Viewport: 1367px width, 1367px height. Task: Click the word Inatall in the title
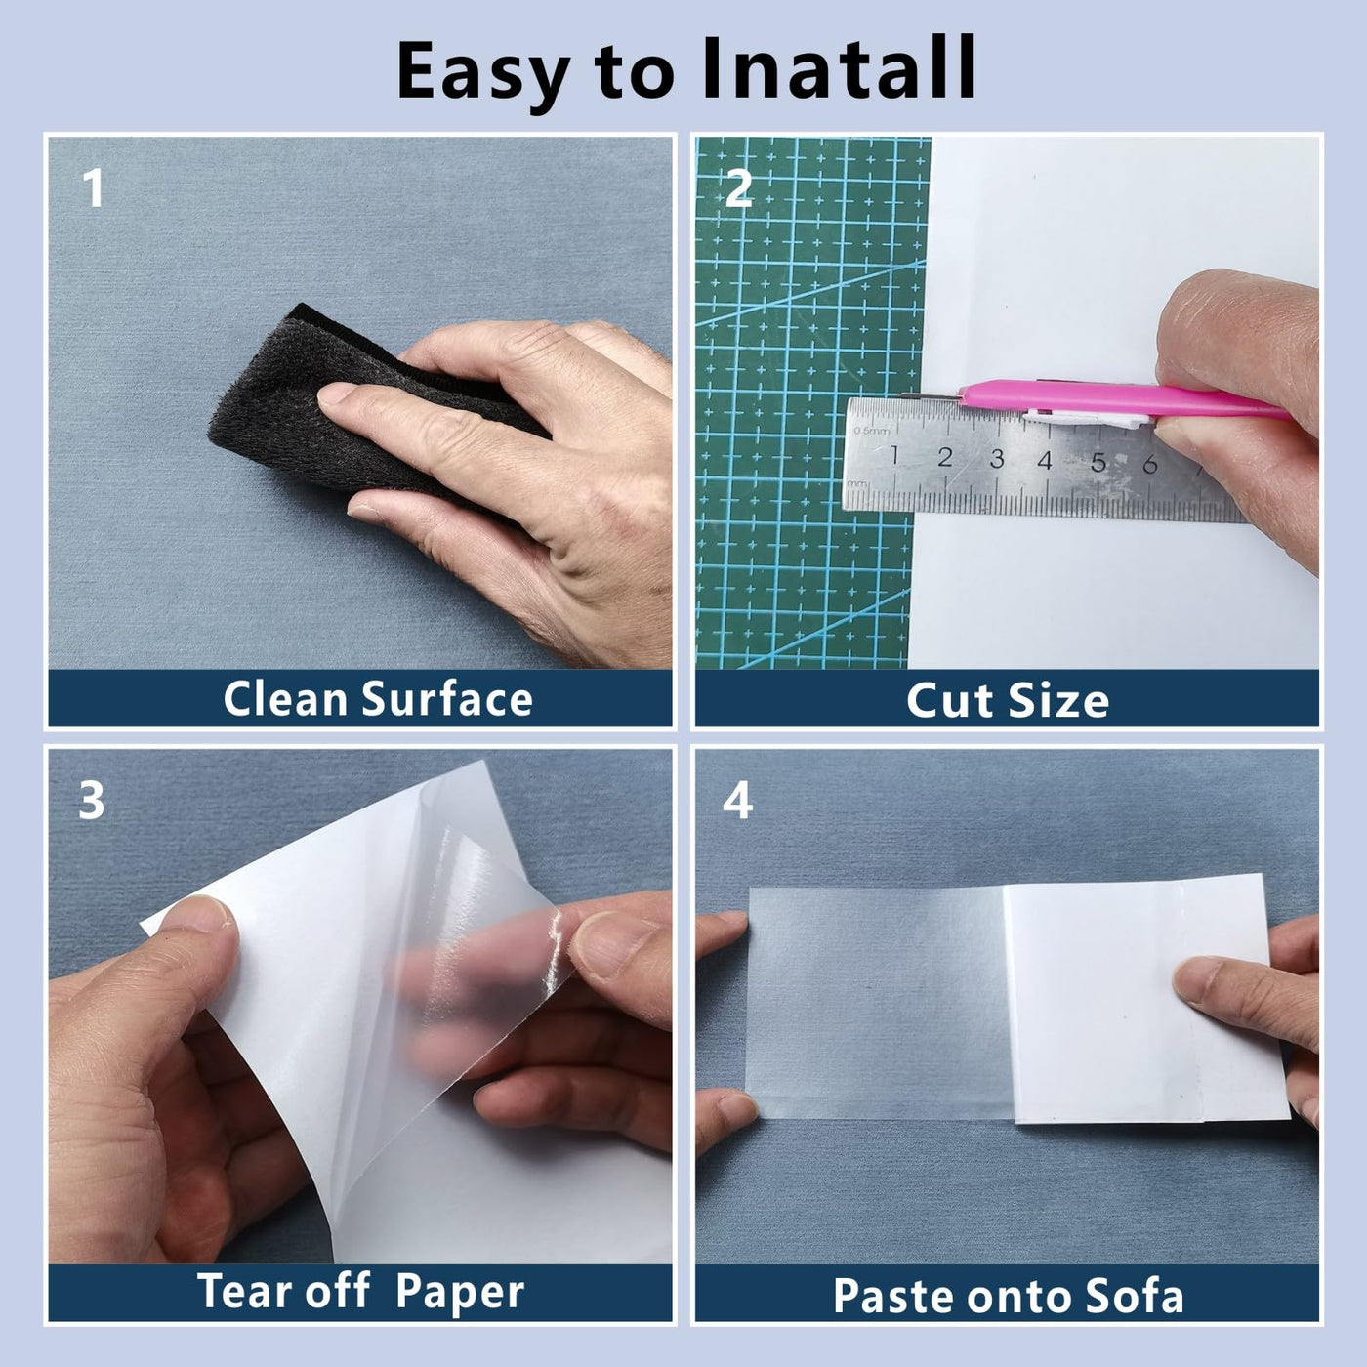839,68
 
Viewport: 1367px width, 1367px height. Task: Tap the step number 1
93,188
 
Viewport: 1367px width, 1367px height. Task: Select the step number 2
738,188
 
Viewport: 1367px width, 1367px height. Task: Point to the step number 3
92,801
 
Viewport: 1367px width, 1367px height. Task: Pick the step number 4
738,801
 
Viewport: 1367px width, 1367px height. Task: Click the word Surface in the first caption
447,699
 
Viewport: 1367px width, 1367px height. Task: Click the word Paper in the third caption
460,1294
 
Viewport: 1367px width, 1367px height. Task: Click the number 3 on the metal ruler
997,458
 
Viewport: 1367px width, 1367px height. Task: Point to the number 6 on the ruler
1150,464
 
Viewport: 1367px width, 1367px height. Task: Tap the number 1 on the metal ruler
894,455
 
